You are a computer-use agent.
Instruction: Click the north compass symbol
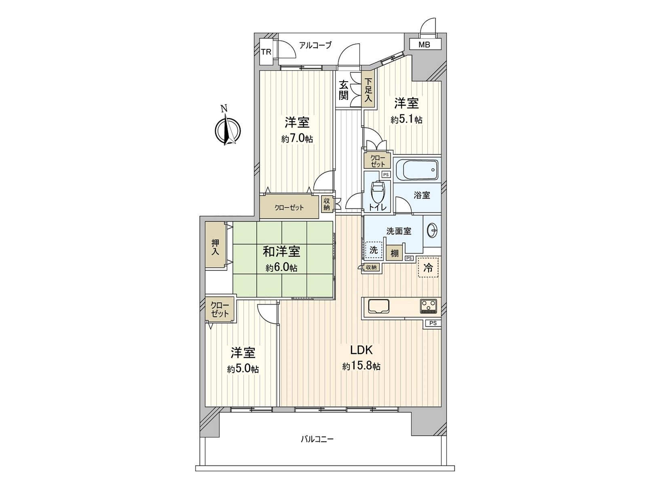pyautogui.click(x=227, y=130)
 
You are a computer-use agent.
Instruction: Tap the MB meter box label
pyautogui.click(x=424, y=45)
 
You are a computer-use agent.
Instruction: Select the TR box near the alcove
pyautogui.click(x=266, y=52)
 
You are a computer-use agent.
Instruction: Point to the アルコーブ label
pyautogui.click(x=315, y=45)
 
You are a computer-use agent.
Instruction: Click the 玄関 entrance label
pyautogui.click(x=344, y=90)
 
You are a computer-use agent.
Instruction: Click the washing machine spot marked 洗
pyautogui.click(x=374, y=250)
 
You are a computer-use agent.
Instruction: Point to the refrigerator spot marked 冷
pyautogui.click(x=428, y=267)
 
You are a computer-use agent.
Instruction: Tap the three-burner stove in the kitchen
pyautogui.click(x=429, y=306)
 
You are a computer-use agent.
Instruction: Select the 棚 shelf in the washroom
pyautogui.click(x=394, y=254)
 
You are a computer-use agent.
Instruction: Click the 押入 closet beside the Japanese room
pyautogui.click(x=215, y=247)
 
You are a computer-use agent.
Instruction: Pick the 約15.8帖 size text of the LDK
pyautogui.click(x=361, y=367)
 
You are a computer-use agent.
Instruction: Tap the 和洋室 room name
pyautogui.click(x=281, y=252)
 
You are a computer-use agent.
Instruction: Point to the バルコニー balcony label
pyautogui.click(x=317, y=439)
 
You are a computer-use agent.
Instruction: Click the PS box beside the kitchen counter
pyautogui.click(x=433, y=323)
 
